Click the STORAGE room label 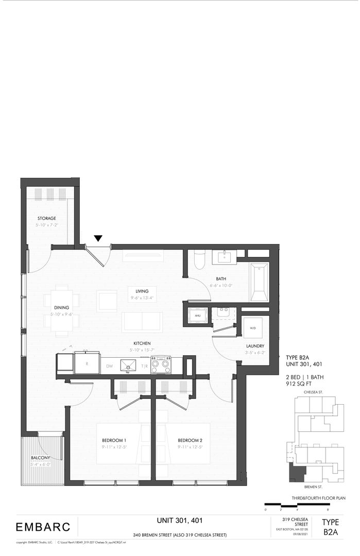pos(46,218)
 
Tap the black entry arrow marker pos(98,238)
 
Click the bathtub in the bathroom pos(259,282)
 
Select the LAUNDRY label pos(255,346)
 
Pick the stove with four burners pos(161,365)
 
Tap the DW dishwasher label pos(109,366)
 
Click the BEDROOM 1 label pos(114,441)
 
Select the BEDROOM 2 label pos(190,441)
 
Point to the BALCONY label pos(40,458)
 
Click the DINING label pos(61,308)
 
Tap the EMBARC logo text pos(41,527)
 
